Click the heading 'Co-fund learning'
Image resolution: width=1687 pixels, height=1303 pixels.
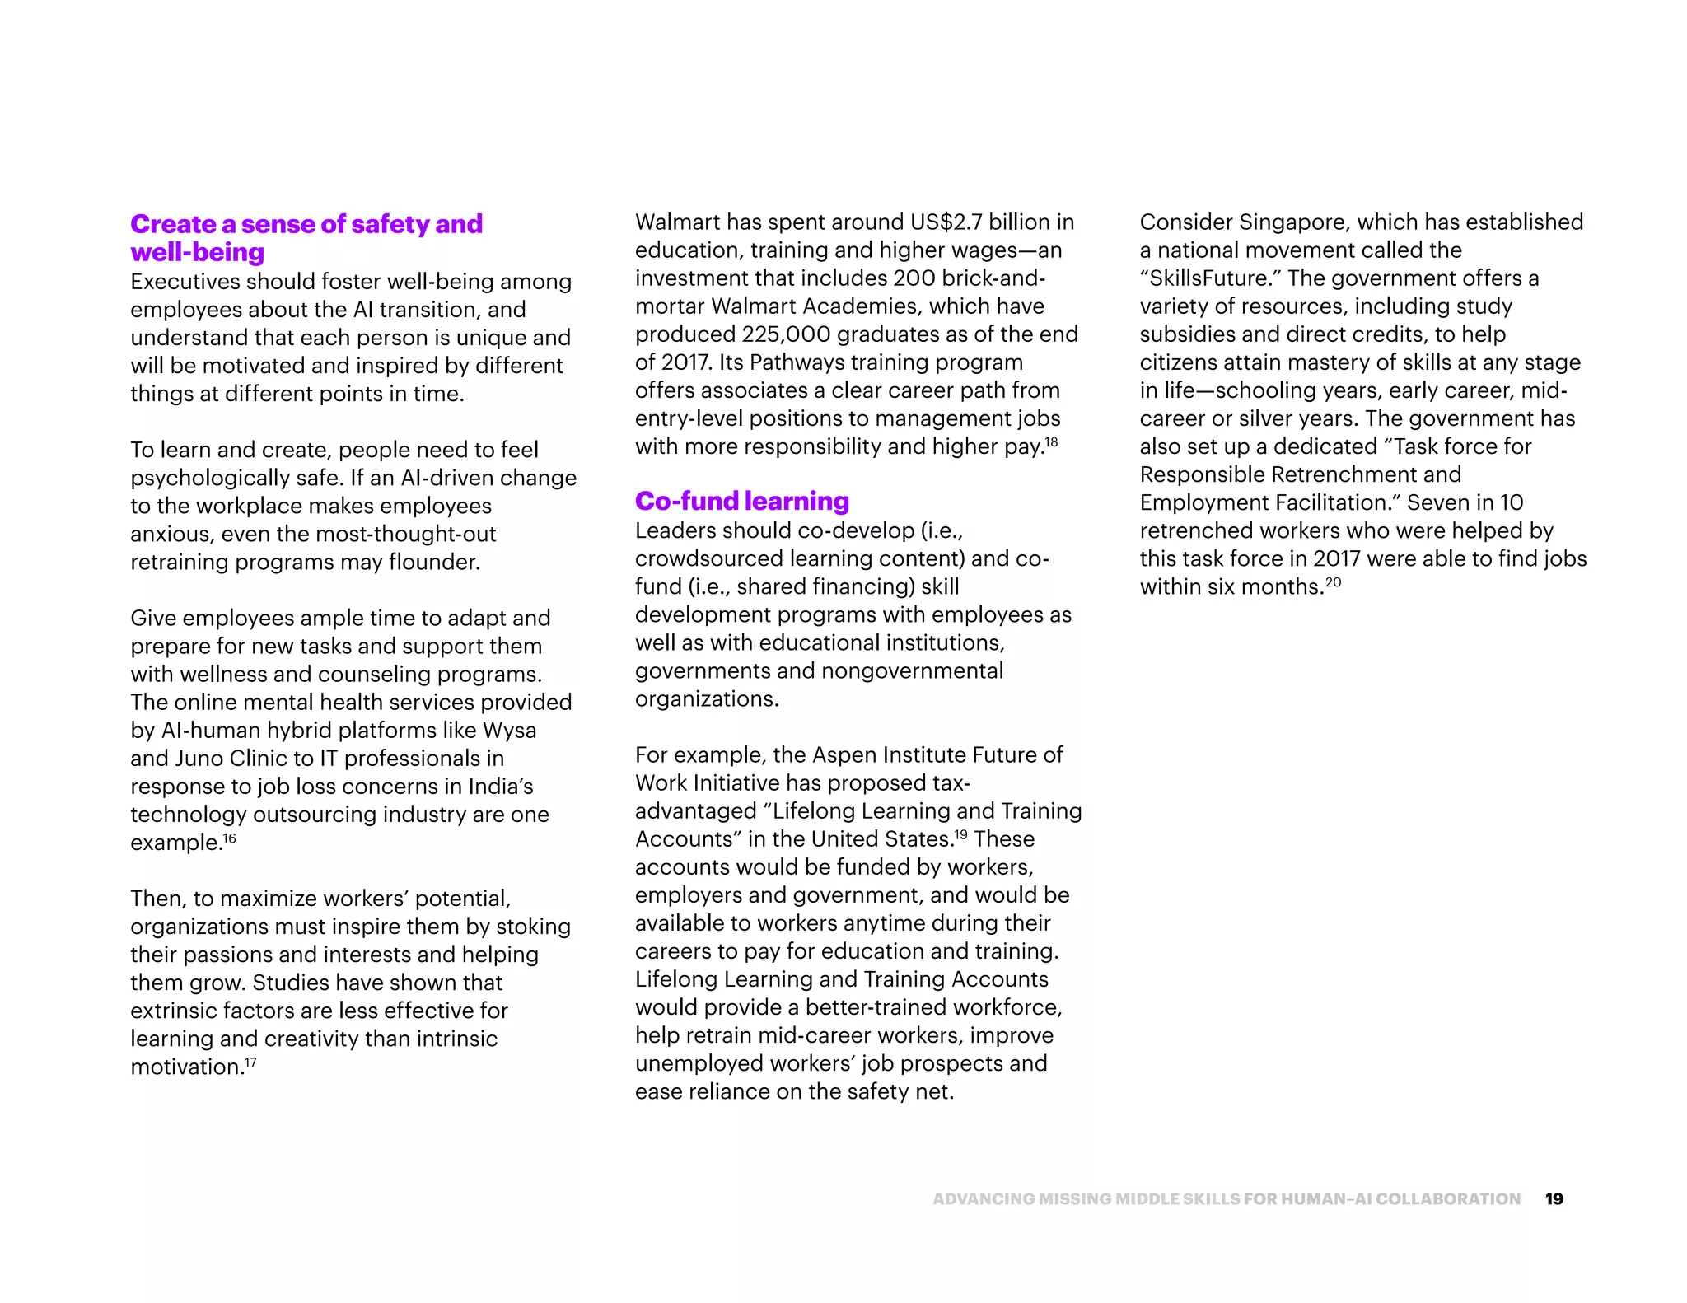click(741, 501)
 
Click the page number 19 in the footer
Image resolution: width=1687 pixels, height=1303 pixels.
click(1554, 1199)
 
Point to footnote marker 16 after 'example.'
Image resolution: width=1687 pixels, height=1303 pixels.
click(230, 838)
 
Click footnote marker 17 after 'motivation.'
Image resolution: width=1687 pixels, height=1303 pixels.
click(250, 1062)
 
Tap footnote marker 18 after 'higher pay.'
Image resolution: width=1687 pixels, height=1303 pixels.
click(1051, 442)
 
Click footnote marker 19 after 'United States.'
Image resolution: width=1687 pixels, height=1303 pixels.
click(960, 835)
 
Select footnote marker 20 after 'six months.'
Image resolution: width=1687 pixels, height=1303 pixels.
click(1333, 582)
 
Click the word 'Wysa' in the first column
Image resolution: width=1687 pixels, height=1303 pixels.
click(509, 731)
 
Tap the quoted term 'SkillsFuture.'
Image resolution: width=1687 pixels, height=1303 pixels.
click(1210, 278)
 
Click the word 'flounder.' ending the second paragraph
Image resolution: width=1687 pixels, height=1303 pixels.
click(434, 563)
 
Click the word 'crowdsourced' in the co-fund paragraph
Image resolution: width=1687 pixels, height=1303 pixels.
click(709, 558)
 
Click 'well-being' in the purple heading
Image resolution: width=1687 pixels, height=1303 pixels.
click(198, 252)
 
